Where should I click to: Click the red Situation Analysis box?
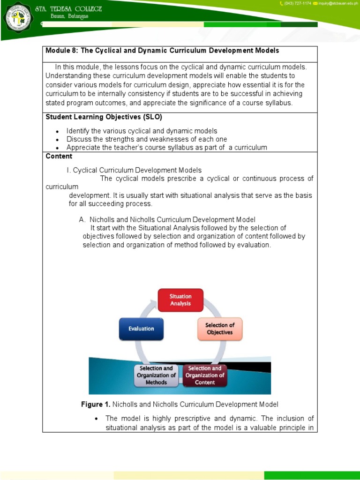click(x=180, y=300)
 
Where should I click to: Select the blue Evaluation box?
click(x=141, y=329)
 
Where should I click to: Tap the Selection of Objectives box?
click(x=219, y=329)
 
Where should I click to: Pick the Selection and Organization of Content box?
click(x=205, y=375)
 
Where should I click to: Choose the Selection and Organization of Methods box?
click(x=156, y=375)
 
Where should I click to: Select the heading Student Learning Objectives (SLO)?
click(x=104, y=117)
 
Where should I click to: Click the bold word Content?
click(x=59, y=156)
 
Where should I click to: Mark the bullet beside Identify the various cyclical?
click(x=57, y=132)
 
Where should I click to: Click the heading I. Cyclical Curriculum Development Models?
click(x=135, y=170)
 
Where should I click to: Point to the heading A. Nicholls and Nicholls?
click(x=167, y=219)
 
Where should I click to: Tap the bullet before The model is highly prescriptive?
click(x=96, y=419)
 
